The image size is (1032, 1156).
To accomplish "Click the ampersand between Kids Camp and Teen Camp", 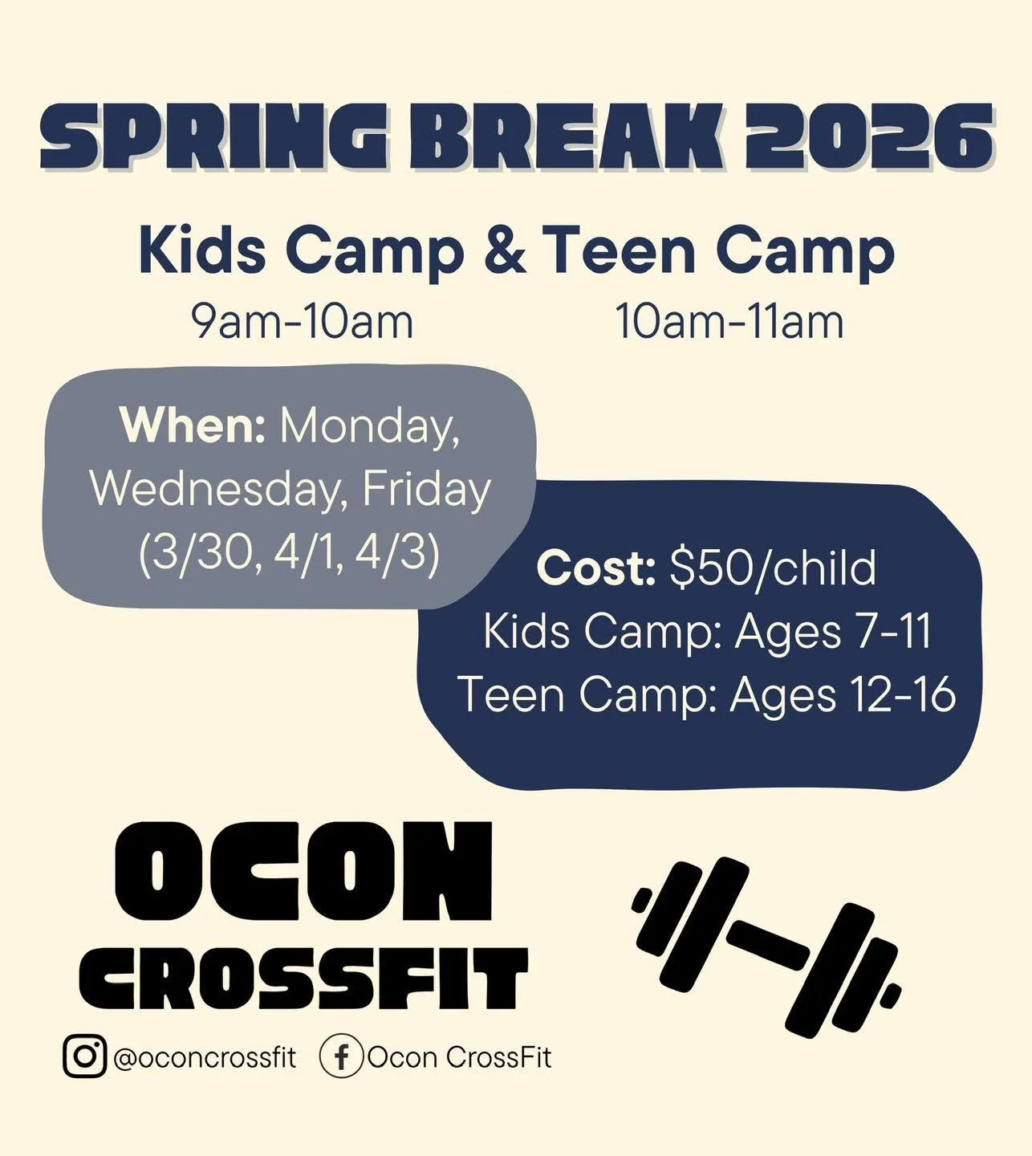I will tap(505, 250).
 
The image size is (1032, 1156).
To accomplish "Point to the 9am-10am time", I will tap(302, 322).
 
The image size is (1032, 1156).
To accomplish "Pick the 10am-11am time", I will tap(729, 322).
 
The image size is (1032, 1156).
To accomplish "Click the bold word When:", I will tap(192, 425).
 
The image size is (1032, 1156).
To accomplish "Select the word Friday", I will tap(426, 489).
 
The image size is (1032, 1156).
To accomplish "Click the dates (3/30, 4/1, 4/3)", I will tap(289, 553).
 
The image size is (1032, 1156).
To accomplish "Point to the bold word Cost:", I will tap(596, 568).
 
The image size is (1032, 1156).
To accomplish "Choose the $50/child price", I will tap(773, 568).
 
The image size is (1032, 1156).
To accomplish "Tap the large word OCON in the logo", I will tap(303, 872).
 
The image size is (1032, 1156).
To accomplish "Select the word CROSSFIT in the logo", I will tap(303, 978).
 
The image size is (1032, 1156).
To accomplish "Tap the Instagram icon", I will tap(84, 1056).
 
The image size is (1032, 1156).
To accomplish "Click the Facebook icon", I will tap(341, 1056).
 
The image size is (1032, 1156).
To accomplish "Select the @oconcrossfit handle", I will tap(205, 1057).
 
